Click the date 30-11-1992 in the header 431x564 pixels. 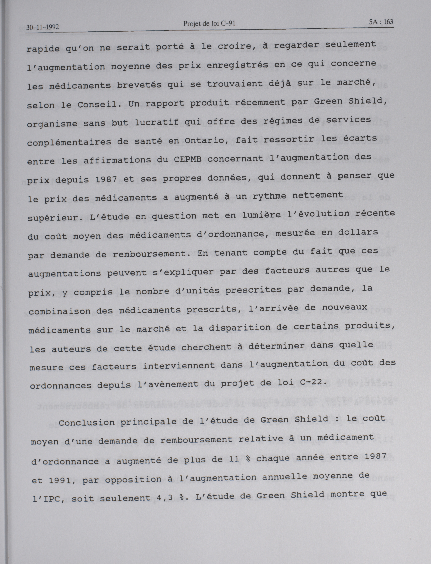coord(43,27)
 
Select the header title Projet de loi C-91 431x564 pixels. coord(209,24)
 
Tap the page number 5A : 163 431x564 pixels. coord(381,22)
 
